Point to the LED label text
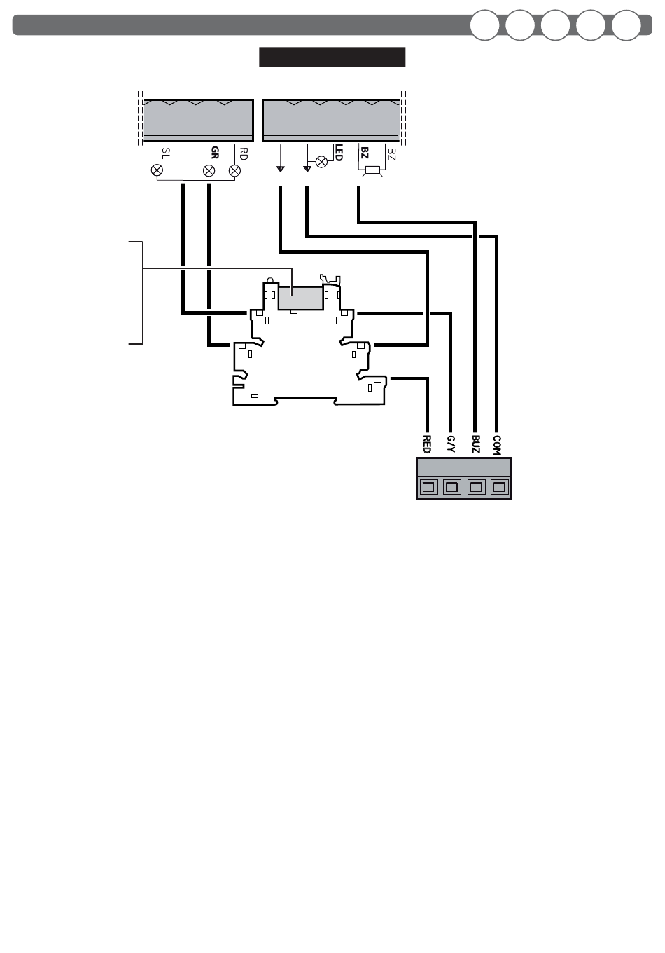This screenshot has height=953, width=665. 339,153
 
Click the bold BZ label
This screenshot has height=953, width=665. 364,152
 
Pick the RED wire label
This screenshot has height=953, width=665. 427,444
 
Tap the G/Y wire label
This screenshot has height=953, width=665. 451,444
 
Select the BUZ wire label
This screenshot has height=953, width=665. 475,444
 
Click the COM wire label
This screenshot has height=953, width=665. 497,444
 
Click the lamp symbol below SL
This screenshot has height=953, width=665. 157,170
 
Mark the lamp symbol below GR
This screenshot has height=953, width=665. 208,170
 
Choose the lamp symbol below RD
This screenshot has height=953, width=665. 234,170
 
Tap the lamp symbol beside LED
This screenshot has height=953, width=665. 322,162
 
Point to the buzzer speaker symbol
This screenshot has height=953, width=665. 372,171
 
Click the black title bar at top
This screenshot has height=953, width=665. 332,57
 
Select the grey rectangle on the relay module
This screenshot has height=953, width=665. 300,298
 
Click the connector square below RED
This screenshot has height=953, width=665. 428,486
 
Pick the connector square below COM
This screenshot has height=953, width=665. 499,486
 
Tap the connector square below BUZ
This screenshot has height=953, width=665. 476,486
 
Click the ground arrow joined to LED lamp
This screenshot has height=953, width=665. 307,169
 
